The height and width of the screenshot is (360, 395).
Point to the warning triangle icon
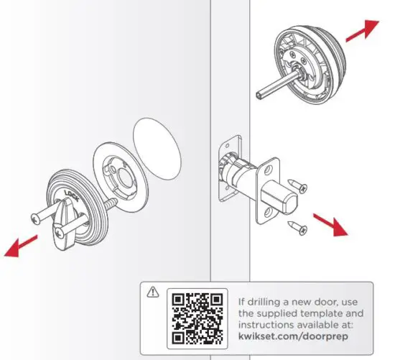pyautogui.click(x=152, y=293)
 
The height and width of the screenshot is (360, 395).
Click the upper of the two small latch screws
pyautogui.click(x=299, y=187)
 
